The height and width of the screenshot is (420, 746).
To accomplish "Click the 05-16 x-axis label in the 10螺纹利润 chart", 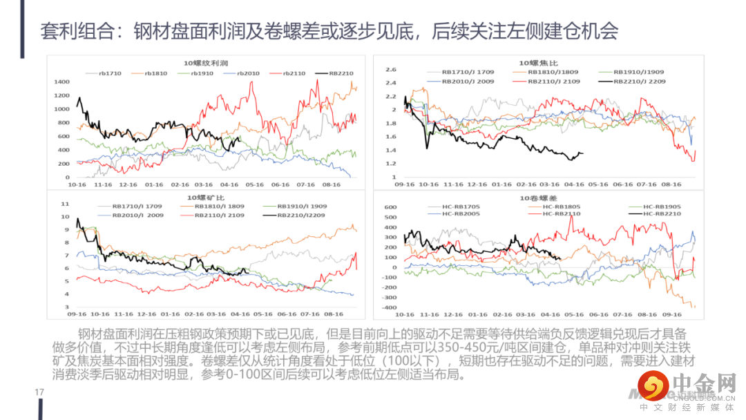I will [255, 185].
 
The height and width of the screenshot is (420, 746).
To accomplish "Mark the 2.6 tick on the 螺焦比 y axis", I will [390, 70].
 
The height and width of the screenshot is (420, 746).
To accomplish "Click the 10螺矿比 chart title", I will [202, 198].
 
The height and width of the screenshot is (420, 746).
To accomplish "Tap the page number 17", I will [39, 392].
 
